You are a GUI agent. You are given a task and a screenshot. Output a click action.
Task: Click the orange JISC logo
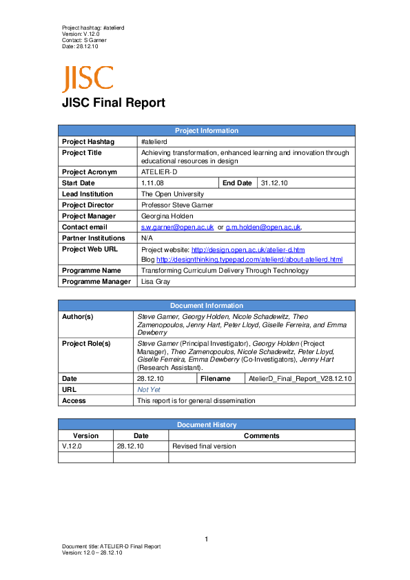coord(87,79)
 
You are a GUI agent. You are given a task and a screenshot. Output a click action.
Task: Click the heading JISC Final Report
coord(114,103)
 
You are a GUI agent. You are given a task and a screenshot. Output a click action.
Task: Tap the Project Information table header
coord(206,130)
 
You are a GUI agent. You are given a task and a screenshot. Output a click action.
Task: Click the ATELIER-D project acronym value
coord(159,172)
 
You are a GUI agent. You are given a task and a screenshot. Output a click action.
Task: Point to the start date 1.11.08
coord(152,183)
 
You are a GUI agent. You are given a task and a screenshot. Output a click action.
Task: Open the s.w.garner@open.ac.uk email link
coord(177,227)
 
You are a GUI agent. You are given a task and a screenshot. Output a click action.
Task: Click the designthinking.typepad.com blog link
coord(249,260)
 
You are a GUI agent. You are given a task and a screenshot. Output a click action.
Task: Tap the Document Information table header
coord(206,305)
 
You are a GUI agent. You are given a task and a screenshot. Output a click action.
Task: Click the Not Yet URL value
coord(149,389)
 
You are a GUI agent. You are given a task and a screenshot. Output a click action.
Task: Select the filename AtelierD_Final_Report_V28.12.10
coord(300,378)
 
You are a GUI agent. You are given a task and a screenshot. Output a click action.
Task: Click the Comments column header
coord(262,435)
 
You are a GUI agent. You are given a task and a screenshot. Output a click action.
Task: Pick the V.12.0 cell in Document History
coord(73,446)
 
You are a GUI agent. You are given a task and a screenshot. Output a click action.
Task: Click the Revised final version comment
coord(204,446)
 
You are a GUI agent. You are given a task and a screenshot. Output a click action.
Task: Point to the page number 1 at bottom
coord(206,539)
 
